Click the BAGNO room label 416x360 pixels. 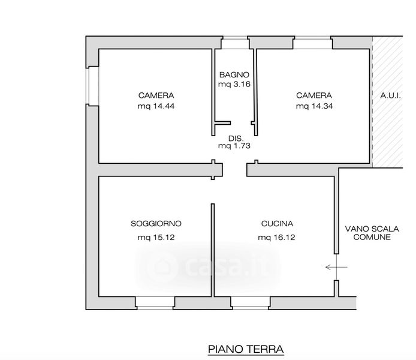tap(234, 75)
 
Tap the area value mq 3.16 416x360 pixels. tap(234, 84)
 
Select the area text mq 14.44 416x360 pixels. tap(156, 106)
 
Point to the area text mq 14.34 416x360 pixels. tap(314, 106)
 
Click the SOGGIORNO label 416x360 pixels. tap(156, 224)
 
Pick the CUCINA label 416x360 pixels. tap(278, 224)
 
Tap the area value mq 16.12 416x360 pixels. tap(276, 237)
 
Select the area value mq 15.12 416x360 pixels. tap(156, 237)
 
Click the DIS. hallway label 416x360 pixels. tap(236, 139)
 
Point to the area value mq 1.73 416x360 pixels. tap(234, 146)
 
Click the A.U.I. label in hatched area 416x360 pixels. tap(390, 95)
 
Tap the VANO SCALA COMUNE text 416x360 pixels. tap(372, 233)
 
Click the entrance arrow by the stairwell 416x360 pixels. tap(336, 267)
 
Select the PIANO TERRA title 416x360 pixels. tap(246, 349)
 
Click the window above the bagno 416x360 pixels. tap(235, 43)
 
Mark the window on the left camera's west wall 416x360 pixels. tap(92, 86)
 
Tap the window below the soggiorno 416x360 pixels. tap(155, 303)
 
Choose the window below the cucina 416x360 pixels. tap(251, 303)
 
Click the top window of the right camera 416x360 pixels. tap(313, 43)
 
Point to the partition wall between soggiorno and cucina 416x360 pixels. tap(213, 250)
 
